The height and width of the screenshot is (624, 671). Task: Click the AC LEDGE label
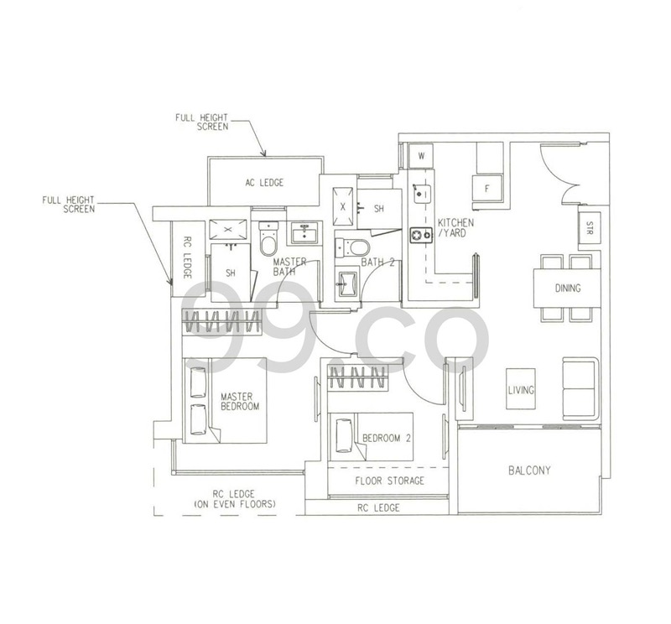(264, 183)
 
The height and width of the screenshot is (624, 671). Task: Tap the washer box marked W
(421, 156)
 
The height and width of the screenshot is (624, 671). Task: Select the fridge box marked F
(487, 189)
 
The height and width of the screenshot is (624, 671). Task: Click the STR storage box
(590, 228)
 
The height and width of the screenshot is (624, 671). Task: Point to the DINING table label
(568, 288)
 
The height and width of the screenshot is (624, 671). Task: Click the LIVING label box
(521, 389)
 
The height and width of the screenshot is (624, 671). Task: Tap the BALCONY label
(529, 471)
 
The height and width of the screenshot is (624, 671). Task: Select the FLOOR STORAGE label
(389, 481)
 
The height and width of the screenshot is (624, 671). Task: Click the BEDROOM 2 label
(387, 438)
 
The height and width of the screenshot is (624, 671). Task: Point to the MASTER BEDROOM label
(240, 402)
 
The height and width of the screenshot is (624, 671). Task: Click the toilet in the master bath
(268, 239)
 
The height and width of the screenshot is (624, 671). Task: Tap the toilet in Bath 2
(352, 247)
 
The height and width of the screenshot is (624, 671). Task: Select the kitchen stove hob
(421, 235)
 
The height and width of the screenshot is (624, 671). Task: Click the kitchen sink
(423, 194)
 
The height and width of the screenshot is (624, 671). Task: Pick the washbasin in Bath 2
(347, 283)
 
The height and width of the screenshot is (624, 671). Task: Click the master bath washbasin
(304, 233)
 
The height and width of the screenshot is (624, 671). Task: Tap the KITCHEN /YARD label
(455, 227)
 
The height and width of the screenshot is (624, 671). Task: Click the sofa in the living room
(580, 388)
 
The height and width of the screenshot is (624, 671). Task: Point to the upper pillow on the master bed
(198, 382)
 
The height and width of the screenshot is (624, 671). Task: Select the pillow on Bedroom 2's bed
(344, 435)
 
